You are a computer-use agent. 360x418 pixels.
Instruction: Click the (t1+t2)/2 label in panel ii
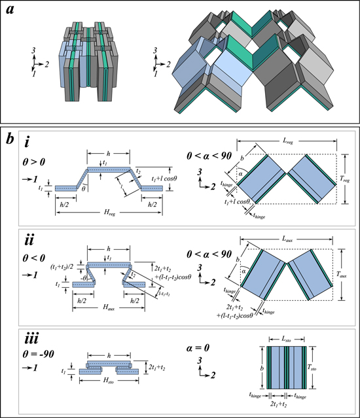click(51, 266)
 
